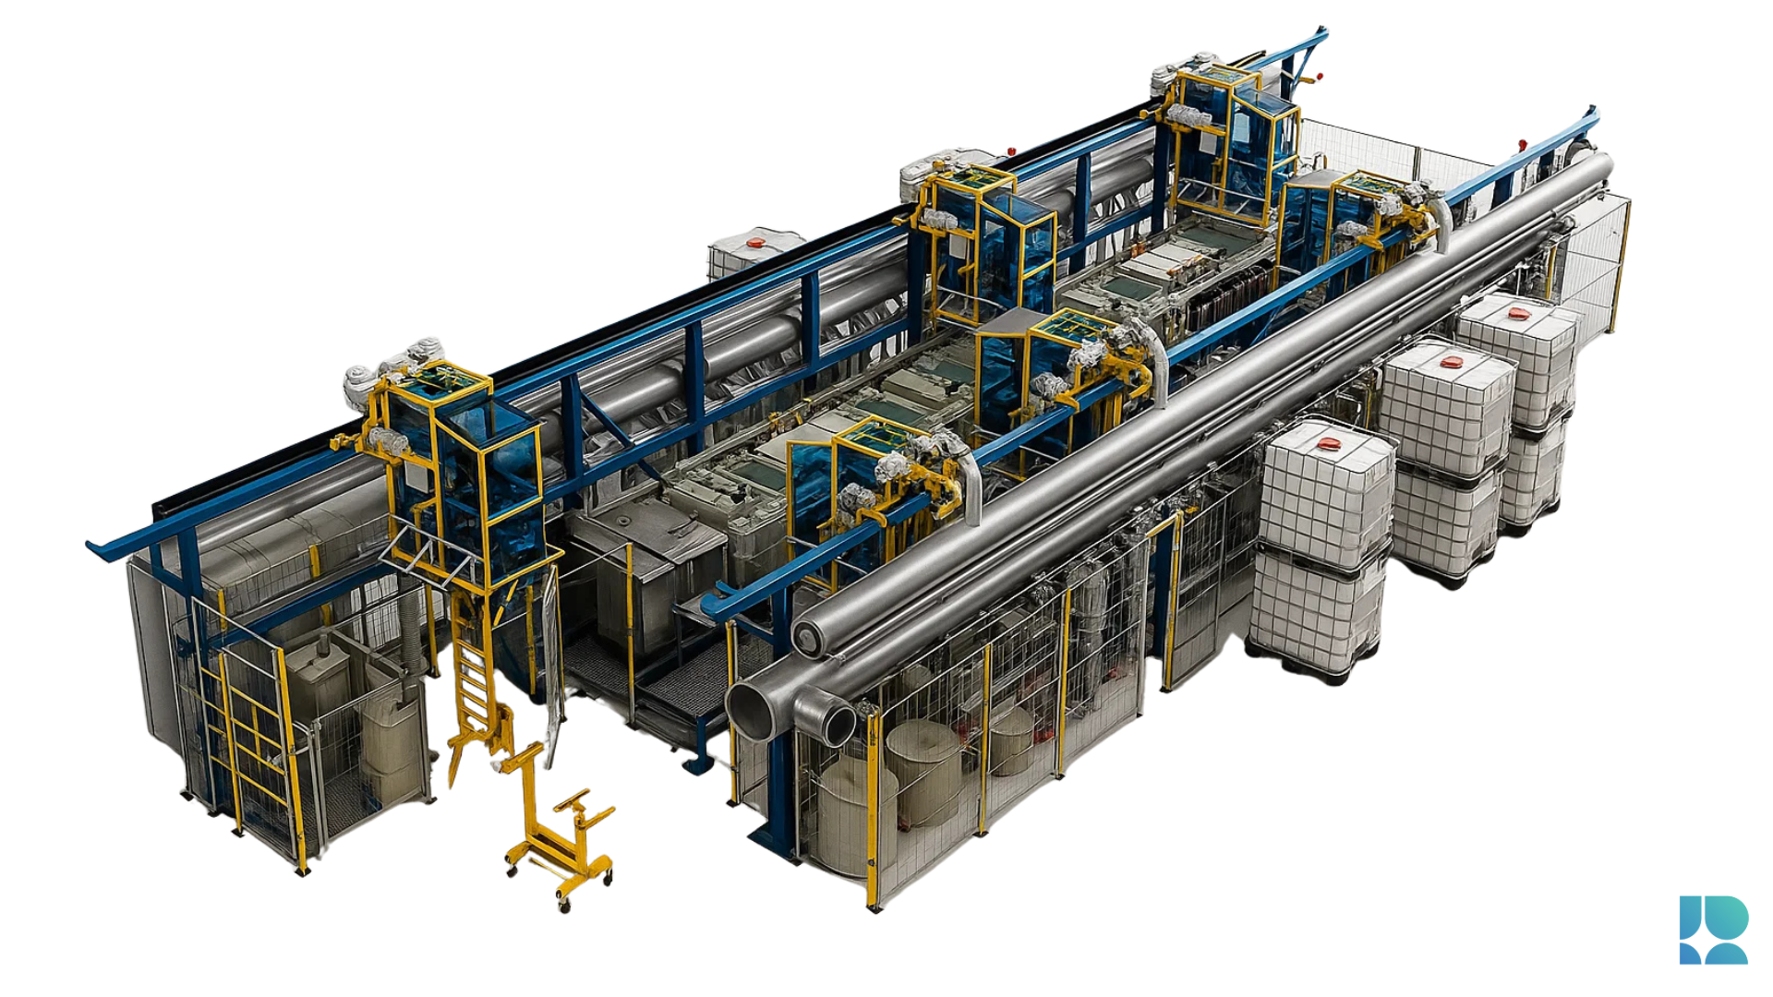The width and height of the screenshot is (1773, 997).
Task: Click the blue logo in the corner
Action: [x=1713, y=930]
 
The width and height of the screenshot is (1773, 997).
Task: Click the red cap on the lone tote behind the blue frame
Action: [x=756, y=242]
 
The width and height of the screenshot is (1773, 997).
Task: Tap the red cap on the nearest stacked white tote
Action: [x=1327, y=444]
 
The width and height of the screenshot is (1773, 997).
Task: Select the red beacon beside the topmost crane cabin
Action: [x=1319, y=77]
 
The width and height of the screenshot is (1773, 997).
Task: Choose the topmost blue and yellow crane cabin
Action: [x=1228, y=138]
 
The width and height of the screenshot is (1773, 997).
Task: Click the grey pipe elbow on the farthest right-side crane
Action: [x=1441, y=222]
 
